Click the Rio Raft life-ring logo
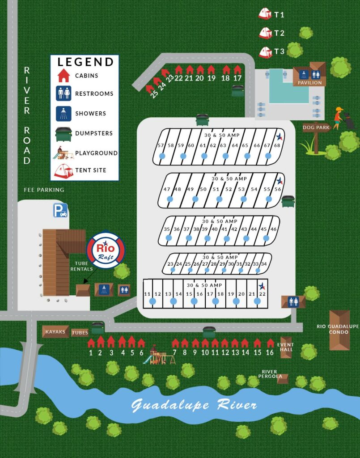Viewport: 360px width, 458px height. (x=106, y=250)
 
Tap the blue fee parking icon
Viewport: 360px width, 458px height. (x=60, y=210)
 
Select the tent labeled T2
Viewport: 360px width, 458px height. (x=265, y=33)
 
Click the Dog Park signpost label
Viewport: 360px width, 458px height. (x=317, y=127)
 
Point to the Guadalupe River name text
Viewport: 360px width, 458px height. (x=194, y=405)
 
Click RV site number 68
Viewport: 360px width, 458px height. (x=277, y=145)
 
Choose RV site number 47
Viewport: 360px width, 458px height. (x=167, y=189)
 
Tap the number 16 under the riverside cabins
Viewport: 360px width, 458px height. (x=270, y=352)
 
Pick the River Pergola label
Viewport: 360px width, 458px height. (x=270, y=374)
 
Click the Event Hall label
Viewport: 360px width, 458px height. (x=285, y=347)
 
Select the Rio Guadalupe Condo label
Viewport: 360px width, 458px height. (x=338, y=329)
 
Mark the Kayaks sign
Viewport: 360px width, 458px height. (x=55, y=331)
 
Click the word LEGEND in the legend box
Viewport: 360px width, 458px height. (x=85, y=62)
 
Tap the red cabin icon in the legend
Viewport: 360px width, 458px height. (x=64, y=75)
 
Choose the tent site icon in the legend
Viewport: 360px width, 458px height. (x=64, y=170)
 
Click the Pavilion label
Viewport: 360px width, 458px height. (x=309, y=83)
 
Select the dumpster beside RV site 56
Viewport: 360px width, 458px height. (x=288, y=201)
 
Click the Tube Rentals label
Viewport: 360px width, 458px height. (x=81, y=266)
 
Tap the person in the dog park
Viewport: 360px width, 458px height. (x=338, y=118)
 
